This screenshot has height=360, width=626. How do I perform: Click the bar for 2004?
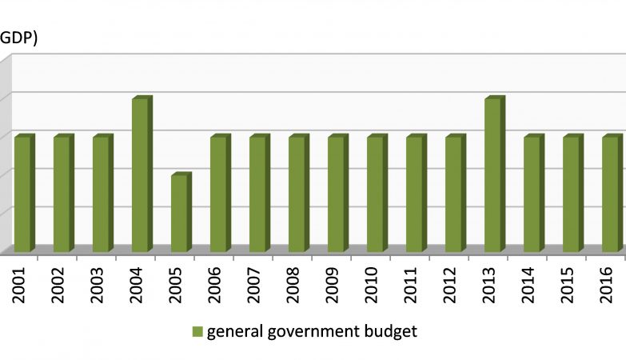140,174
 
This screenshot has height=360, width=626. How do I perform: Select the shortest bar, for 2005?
179,213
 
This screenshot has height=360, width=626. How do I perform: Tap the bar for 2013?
492,174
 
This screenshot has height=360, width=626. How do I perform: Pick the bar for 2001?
22,194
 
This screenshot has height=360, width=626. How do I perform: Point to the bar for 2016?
610,194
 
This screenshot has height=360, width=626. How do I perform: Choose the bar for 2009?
336,194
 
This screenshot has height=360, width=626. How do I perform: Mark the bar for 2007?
257,194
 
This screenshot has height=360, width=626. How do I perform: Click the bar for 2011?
414,194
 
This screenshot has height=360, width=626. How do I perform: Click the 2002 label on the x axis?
58,282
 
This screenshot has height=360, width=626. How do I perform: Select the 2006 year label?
215,282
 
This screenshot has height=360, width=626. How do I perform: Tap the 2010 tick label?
372,282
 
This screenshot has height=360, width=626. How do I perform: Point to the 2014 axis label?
528,282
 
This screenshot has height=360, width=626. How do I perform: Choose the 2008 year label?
293,282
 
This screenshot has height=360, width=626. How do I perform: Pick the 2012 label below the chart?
450,282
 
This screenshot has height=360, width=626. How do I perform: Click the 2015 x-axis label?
568,282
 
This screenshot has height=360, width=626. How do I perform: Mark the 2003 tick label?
98,282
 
